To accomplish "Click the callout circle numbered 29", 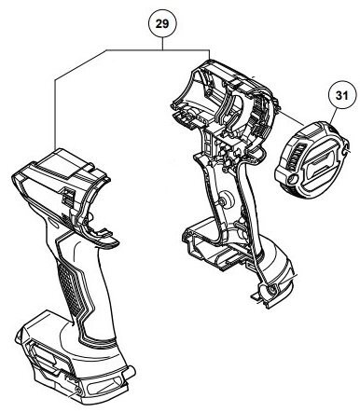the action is click(162, 24).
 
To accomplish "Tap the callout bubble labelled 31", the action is click(342, 95).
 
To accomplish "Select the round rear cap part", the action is click(312, 157).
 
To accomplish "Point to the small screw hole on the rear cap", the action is click(293, 178).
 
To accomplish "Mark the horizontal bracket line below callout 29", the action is click(158, 50).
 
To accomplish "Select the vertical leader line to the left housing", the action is click(55, 115).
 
